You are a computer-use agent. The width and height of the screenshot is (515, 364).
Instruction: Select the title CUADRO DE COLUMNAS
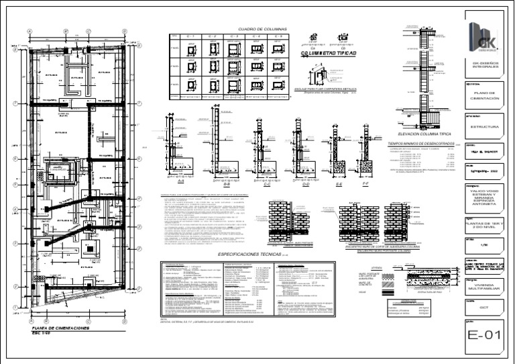click(x=262, y=30)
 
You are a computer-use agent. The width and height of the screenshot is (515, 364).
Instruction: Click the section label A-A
click(x=180, y=181)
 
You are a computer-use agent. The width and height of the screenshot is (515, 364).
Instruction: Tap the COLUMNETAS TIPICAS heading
click(x=329, y=52)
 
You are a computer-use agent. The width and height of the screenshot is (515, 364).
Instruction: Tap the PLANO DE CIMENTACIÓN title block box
click(x=483, y=96)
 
